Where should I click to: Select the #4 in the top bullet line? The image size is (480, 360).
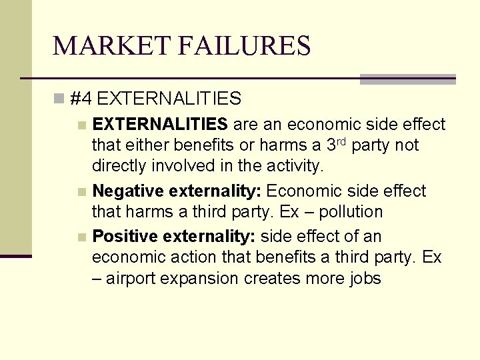pyautogui.click(x=80, y=99)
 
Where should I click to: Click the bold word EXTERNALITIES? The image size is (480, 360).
pyautogui.click(x=160, y=124)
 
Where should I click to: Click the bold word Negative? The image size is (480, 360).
pyautogui.click(x=130, y=191)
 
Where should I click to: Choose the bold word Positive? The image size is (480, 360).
pyautogui.click(x=125, y=237)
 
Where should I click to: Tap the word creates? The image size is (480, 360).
pyautogui.click(x=273, y=279)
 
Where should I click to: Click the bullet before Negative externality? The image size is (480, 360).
pyautogui.click(x=81, y=192)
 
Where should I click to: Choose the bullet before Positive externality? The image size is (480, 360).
pyautogui.click(x=81, y=237)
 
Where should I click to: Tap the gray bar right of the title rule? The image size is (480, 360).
pyautogui.click(x=407, y=79)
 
